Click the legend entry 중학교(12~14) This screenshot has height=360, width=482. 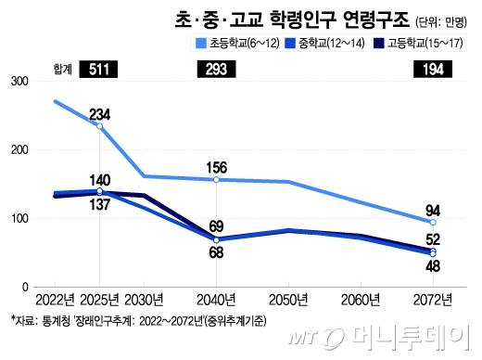[325, 43]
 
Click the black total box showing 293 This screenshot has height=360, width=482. [216, 70]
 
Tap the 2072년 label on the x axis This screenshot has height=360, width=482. [433, 298]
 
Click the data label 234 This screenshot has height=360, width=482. [101, 114]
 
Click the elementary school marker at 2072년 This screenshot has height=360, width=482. [433, 223]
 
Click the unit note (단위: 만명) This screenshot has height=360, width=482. [442, 20]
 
